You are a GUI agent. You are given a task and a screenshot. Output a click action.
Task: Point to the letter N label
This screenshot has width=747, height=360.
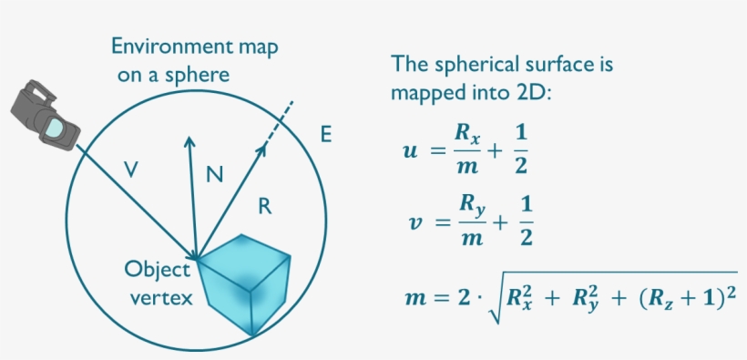(x=214, y=174)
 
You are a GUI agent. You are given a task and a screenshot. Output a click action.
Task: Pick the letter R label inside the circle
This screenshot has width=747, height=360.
(x=264, y=207)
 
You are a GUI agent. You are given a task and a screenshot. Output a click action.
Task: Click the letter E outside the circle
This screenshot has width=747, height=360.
(x=325, y=136)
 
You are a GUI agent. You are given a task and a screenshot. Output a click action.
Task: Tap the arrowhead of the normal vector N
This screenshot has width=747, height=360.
(x=189, y=142)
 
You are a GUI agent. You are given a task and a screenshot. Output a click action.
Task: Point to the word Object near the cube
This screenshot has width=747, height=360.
(x=158, y=270)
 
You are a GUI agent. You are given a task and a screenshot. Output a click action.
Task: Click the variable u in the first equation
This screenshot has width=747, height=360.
(x=411, y=149)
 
